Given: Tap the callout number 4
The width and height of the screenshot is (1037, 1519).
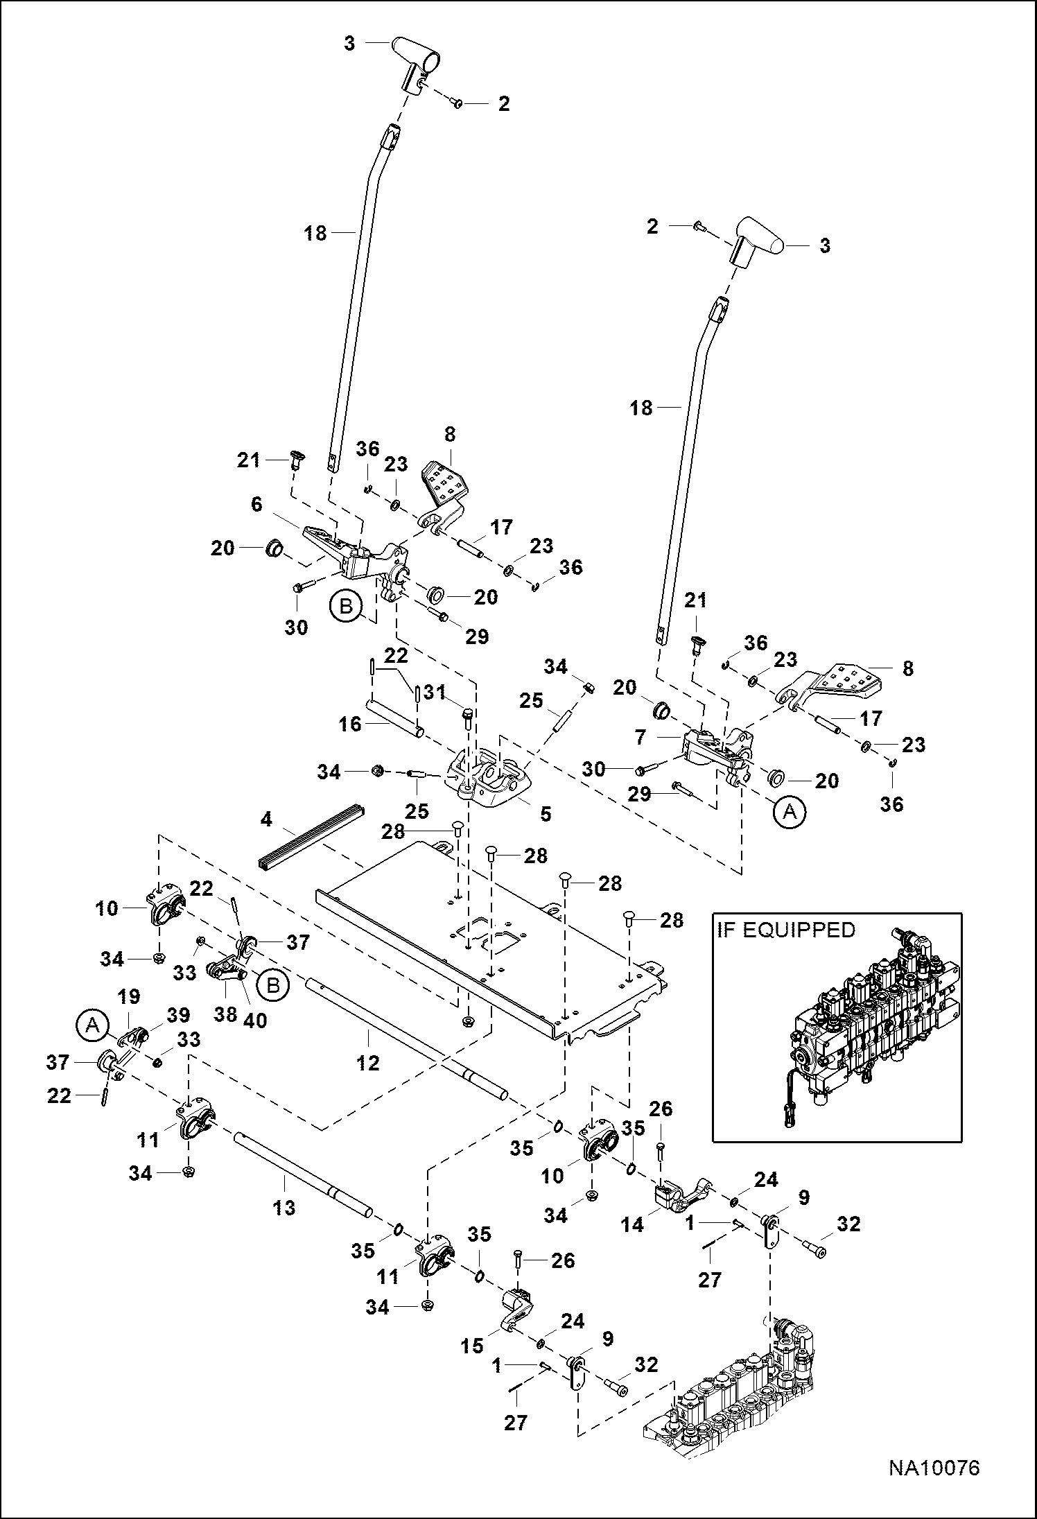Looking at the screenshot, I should coord(267,819).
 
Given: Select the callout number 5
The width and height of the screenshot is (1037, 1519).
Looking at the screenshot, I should coord(546,813).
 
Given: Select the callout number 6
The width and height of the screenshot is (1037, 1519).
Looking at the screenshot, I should coord(256,504).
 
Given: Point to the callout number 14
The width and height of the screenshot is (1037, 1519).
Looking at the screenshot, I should coord(632,1225).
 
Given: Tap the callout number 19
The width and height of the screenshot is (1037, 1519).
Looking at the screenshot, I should coord(130,997).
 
